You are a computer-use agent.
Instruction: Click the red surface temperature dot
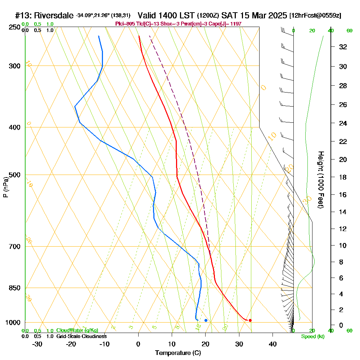(x=250, y=320)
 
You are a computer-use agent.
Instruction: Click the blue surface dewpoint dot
(x=206, y=320)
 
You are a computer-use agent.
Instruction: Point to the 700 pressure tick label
(x=14, y=247)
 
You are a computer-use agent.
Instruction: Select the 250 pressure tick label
(x=14, y=27)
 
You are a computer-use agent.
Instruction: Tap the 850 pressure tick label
(x=14, y=288)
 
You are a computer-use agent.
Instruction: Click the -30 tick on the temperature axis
(x=37, y=344)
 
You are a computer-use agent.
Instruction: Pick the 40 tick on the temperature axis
(x=273, y=344)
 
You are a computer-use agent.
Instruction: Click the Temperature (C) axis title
(x=178, y=353)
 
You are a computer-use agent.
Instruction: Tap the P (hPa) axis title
(x=6, y=187)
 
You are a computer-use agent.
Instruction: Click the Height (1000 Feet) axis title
(x=320, y=180)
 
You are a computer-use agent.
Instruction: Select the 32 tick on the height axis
(x=343, y=47)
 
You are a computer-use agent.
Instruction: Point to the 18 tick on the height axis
(x=343, y=177)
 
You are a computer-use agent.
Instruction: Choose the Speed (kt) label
(x=313, y=337)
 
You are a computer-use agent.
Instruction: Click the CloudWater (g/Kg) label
(x=77, y=330)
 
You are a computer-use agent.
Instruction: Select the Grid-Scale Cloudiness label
(x=81, y=336)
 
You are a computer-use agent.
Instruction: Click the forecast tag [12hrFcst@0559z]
(x=315, y=16)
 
